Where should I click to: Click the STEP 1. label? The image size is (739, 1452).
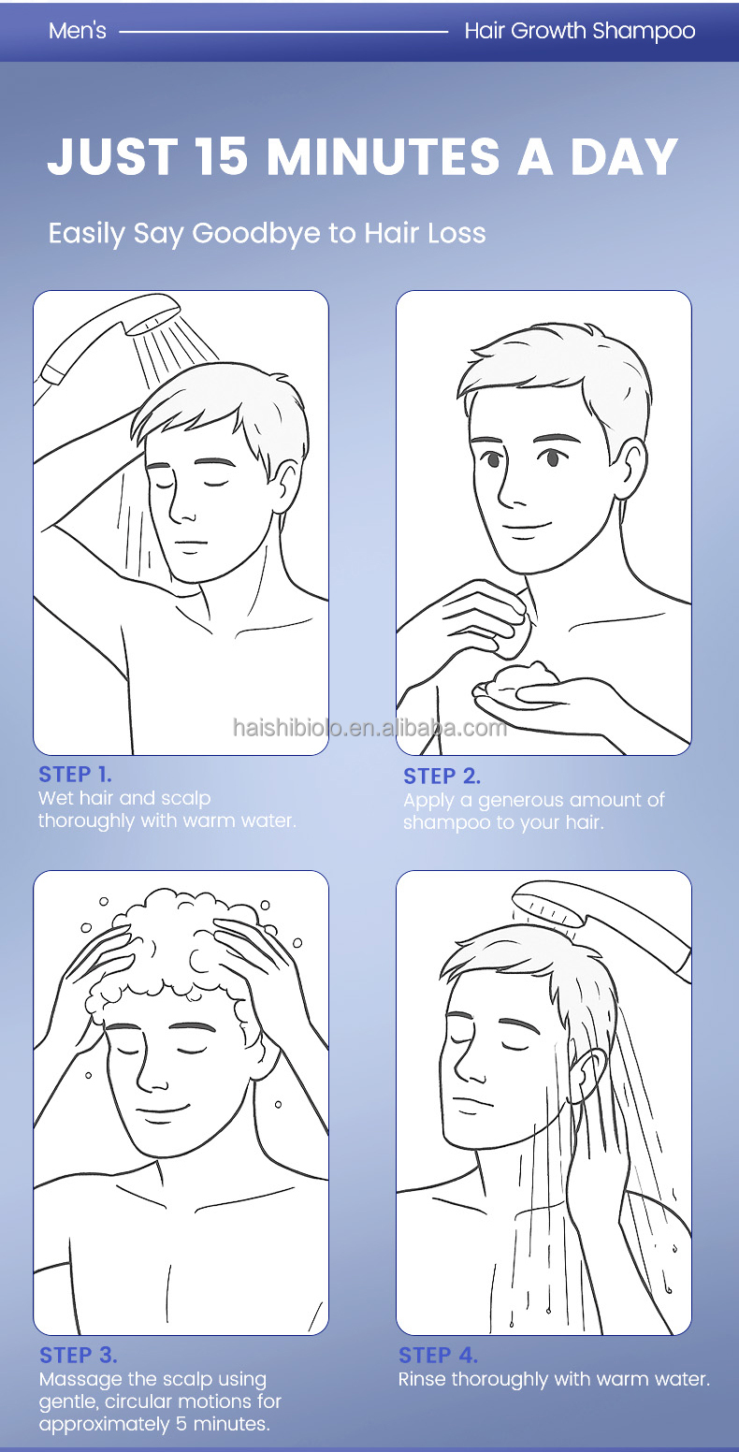tap(75, 774)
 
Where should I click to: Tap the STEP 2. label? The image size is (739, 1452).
tap(442, 776)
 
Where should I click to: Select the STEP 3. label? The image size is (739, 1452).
tap(79, 1355)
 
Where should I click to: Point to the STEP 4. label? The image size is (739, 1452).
tap(438, 1355)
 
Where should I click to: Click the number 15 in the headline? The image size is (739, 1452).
tap(221, 157)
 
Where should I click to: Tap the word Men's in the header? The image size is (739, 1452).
tap(77, 31)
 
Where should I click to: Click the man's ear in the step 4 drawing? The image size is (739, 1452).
tap(587, 1076)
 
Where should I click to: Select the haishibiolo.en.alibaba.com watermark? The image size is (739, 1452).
tap(369, 728)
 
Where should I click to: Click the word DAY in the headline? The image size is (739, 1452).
tap(624, 157)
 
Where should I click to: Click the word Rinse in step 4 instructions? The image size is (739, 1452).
tap(422, 1379)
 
